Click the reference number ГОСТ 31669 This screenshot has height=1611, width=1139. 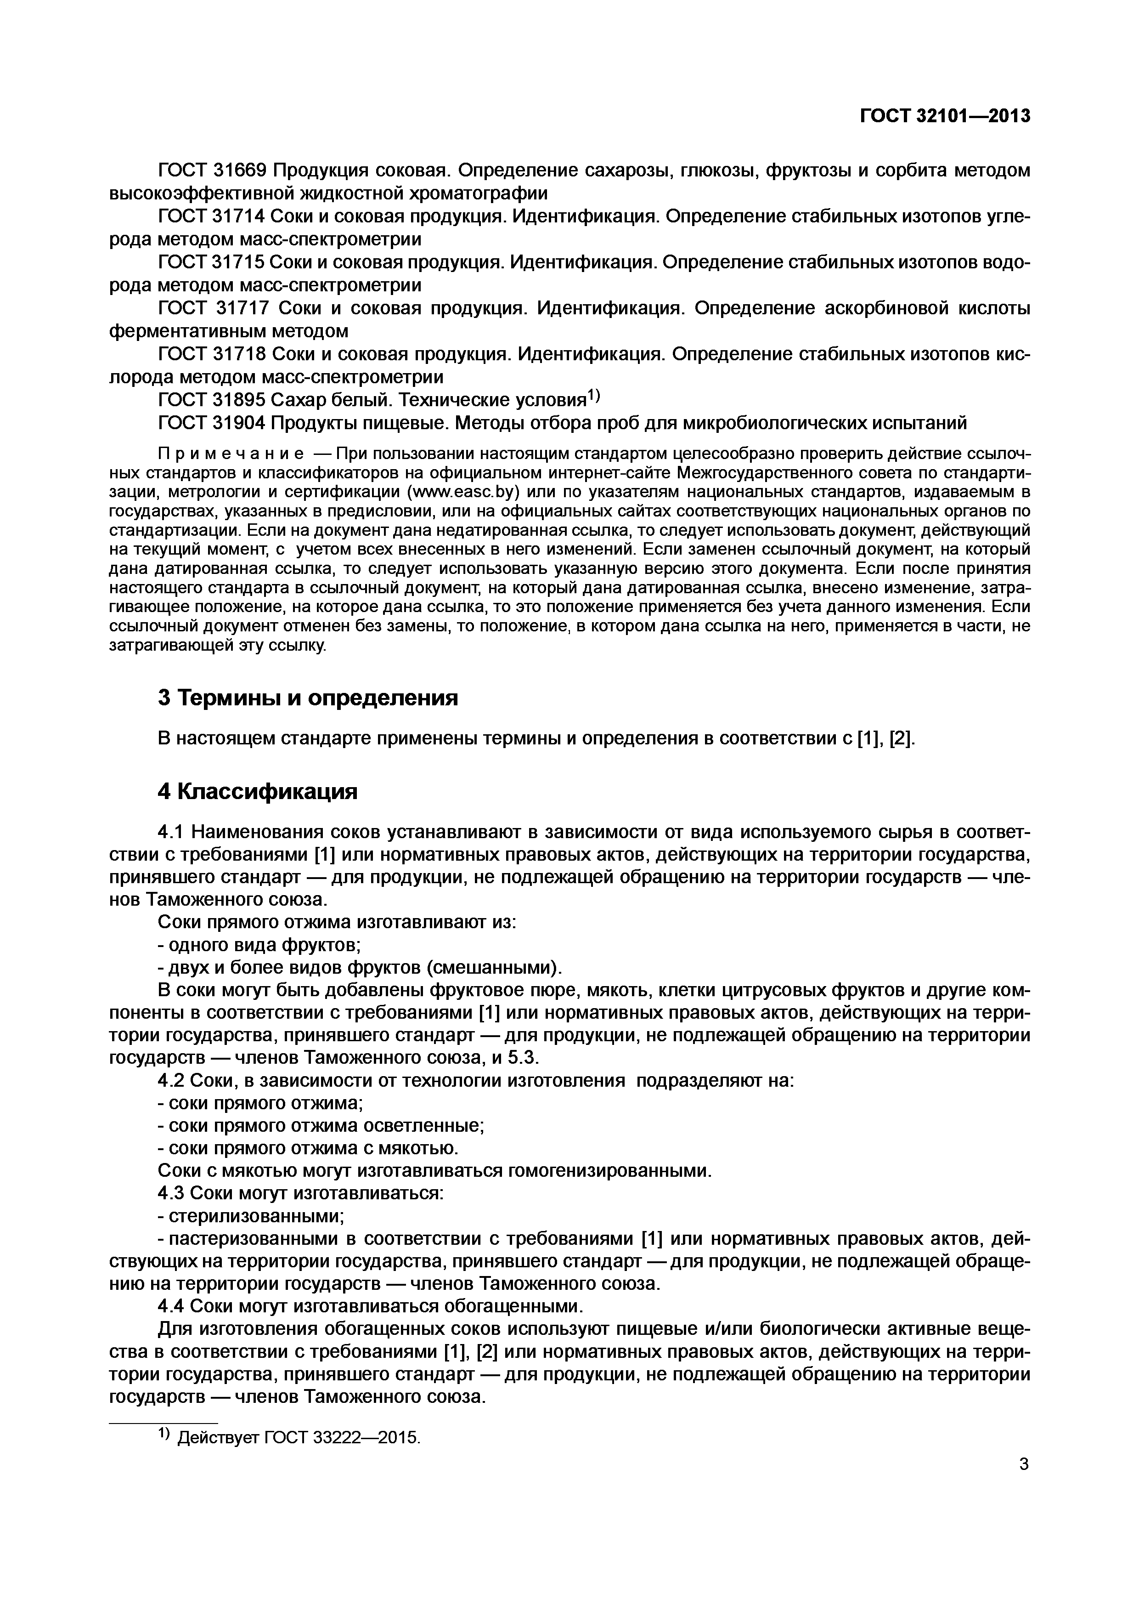pos(212,170)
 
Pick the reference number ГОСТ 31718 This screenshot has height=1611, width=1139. pos(211,354)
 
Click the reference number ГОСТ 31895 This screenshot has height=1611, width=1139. pos(211,400)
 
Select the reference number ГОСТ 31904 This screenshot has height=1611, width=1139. pos(211,423)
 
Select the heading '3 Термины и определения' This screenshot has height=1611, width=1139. pos(308,698)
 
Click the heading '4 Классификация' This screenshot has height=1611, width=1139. pos(257,791)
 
